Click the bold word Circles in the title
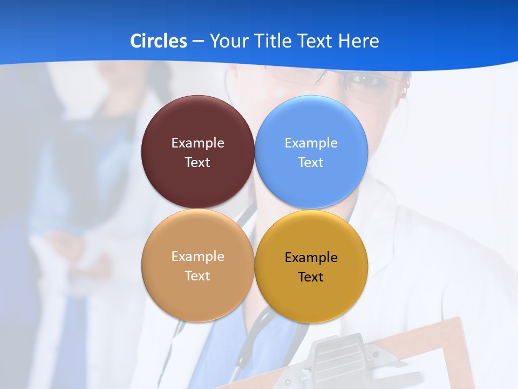(x=159, y=41)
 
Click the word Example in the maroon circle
(x=197, y=143)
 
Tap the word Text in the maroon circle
(x=197, y=163)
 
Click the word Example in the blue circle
(x=311, y=143)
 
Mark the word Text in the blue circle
(x=311, y=163)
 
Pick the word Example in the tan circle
(x=197, y=257)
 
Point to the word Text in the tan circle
(x=197, y=276)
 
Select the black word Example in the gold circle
(x=311, y=258)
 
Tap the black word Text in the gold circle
(x=311, y=277)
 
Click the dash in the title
(x=198, y=42)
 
